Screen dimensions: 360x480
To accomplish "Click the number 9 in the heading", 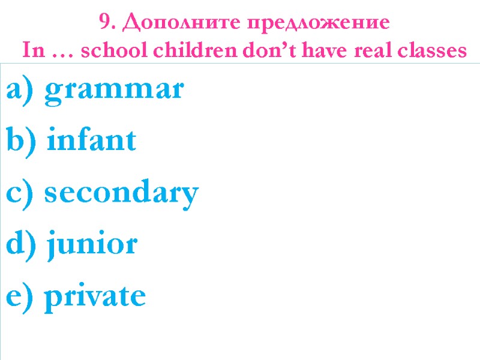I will coord(104,23).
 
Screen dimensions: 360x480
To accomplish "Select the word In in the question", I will coord(30,51).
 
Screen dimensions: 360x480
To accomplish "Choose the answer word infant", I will coord(91,142).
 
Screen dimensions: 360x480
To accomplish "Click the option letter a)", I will coord(21,91).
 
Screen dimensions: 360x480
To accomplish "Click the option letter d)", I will coord(21,244).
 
